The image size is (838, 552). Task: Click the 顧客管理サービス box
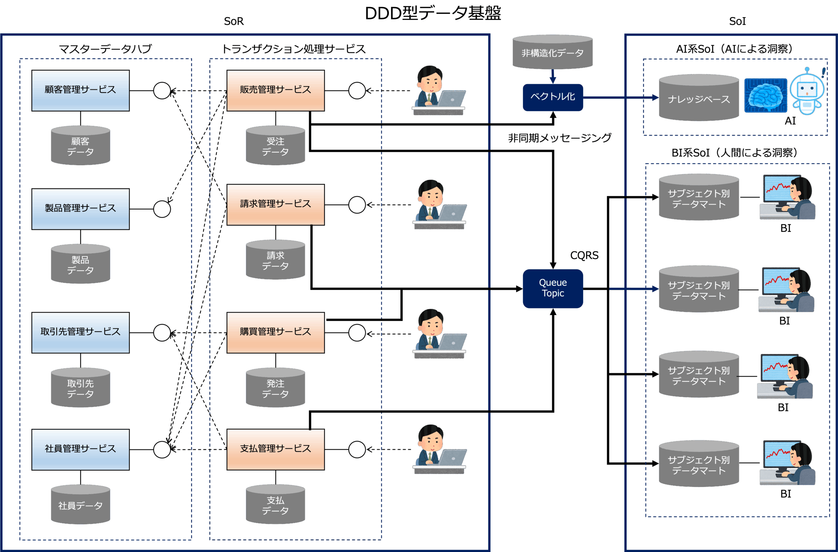[x=80, y=90]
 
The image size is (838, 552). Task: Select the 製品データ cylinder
[x=80, y=264]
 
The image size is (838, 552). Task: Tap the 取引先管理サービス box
[x=80, y=333]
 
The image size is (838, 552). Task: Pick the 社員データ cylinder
[x=80, y=505]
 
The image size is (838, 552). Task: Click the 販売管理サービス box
[x=275, y=90]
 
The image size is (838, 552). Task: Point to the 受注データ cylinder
[x=275, y=146]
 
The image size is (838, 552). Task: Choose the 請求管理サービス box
[x=275, y=205]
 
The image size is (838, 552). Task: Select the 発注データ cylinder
[x=275, y=388]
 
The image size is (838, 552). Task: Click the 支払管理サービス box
[x=275, y=449]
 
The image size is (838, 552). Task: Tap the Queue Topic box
[x=553, y=289]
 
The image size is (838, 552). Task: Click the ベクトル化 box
[x=553, y=97]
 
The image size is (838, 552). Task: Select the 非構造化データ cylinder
[x=553, y=52]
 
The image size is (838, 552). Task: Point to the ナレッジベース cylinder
[x=699, y=98]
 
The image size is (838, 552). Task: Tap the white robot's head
[x=807, y=88]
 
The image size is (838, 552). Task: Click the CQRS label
[x=584, y=256]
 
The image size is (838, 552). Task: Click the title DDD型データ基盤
[x=433, y=13]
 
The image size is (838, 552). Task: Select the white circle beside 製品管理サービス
[x=162, y=209]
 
